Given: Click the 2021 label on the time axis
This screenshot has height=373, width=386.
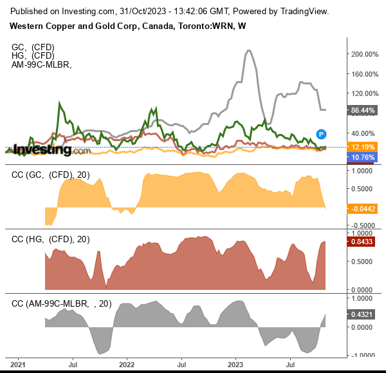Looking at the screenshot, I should (x=17, y=365).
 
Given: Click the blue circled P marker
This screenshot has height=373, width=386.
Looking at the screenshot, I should (x=320, y=134).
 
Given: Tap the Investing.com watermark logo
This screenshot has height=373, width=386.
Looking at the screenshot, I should (x=51, y=150).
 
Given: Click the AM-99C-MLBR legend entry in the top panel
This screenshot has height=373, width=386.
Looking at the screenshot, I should (x=41, y=64).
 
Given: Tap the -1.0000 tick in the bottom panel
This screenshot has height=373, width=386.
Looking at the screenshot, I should (x=362, y=355).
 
